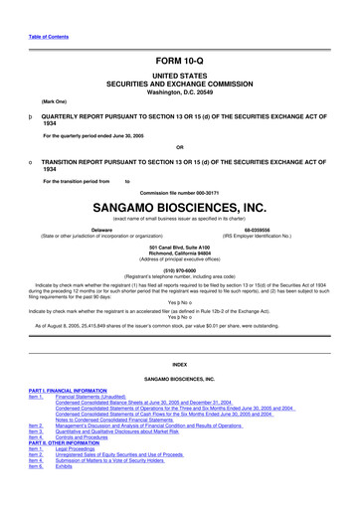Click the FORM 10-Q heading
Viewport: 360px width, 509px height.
(179, 62)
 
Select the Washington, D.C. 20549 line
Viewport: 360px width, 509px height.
(179, 92)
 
